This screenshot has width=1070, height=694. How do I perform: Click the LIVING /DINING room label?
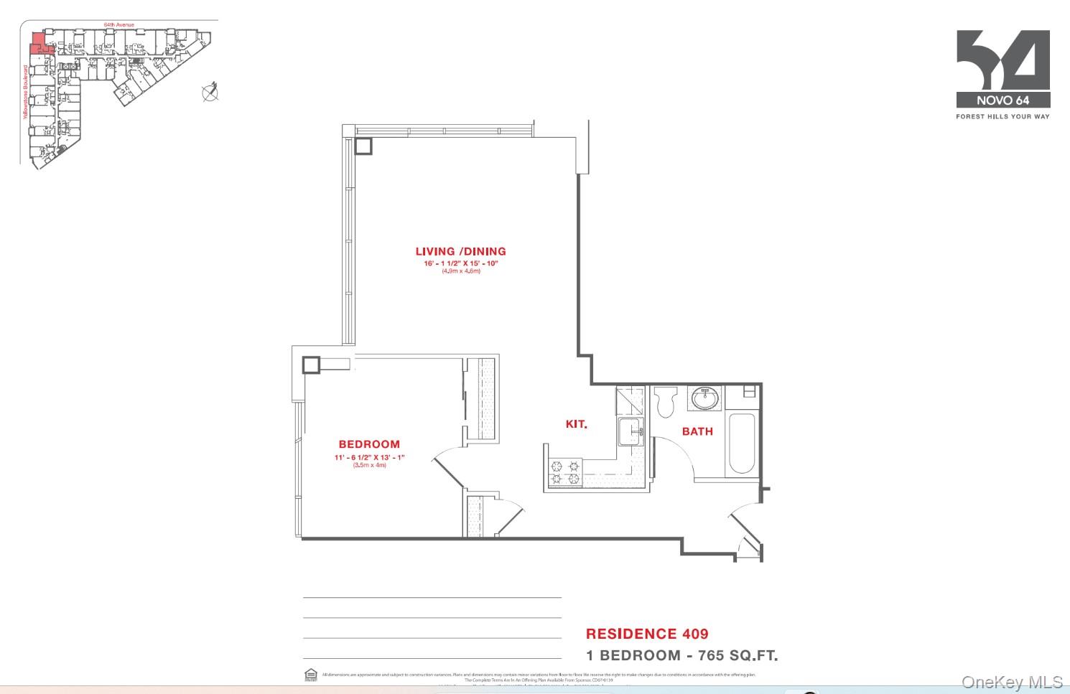[x=460, y=251]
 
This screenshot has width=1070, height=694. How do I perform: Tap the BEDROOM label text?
[x=369, y=444]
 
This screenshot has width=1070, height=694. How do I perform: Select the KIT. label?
[x=576, y=424]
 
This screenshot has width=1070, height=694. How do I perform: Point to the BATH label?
[x=697, y=431]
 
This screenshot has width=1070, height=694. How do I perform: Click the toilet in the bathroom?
[x=666, y=401]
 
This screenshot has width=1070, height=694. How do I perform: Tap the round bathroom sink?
[x=704, y=398]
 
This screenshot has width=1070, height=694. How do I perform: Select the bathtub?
[x=741, y=444]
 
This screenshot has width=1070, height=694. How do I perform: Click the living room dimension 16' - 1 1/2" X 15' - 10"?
[x=460, y=263]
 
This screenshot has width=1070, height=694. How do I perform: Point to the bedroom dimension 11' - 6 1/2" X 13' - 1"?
[x=369, y=457]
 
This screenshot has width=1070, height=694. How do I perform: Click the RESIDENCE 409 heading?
[x=647, y=634]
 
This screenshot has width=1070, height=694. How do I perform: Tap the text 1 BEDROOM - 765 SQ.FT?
[x=681, y=655]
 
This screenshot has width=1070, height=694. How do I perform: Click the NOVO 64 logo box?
[x=1002, y=100]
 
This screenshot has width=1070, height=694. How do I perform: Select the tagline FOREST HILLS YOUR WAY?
[x=1002, y=116]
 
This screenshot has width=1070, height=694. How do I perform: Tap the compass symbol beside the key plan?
[x=210, y=93]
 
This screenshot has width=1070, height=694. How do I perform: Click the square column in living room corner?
[x=363, y=146]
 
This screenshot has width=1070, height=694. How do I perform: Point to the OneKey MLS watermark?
[x=1012, y=682]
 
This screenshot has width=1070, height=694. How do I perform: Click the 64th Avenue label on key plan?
[x=118, y=24]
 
